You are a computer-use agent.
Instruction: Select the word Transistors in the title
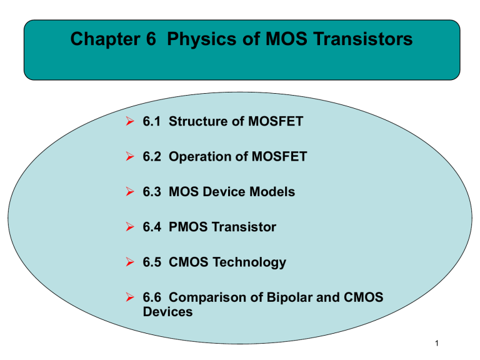point(358,41)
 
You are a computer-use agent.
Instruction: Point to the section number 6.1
point(153,121)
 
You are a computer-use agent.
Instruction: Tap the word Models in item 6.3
point(273,192)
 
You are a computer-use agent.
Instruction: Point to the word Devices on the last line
point(168,311)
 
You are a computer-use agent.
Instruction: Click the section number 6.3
point(153,192)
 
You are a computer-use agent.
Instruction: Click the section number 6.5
point(153,262)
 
